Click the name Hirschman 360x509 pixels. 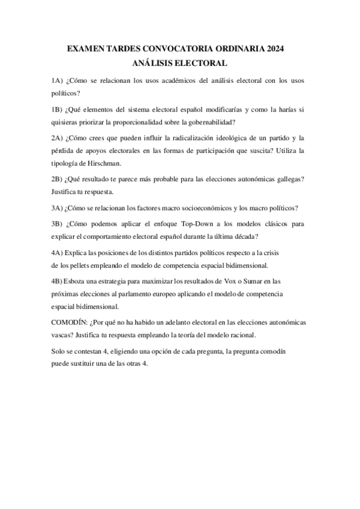103,163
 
